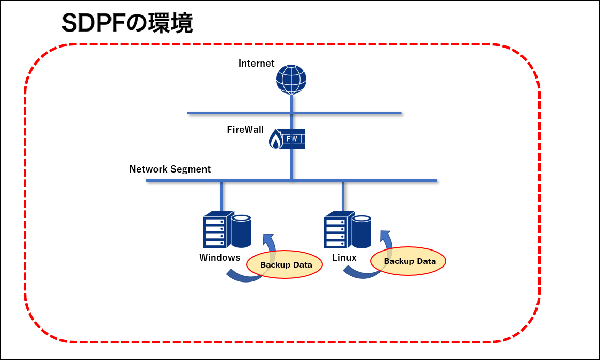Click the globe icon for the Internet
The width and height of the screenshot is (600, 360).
[x=291, y=79]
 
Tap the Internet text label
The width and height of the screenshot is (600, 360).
[x=257, y=64]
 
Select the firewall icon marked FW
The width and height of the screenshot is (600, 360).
[x=288, y=139]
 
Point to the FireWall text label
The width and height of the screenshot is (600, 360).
[x=246, y=129]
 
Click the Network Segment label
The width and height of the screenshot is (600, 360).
[x=170, y=169]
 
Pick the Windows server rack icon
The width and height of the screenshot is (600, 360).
[x=216, y=230]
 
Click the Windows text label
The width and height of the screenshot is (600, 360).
[x=220, y=257]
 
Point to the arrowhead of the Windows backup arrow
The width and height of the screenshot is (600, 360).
[x=267, y=239]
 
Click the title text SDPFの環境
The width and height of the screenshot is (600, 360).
[x=127, y=23]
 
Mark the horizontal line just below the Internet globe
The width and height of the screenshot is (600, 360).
[x=294, y=113]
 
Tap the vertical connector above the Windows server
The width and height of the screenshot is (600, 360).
[x=222, y=196]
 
